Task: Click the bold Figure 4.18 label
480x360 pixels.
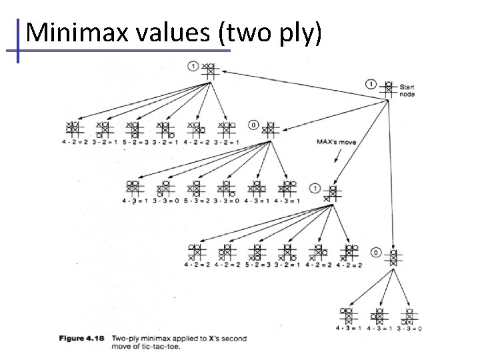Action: coord(81,339)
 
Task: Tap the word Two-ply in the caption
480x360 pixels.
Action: coord(126,339)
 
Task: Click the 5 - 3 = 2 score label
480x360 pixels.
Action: coord(197,201)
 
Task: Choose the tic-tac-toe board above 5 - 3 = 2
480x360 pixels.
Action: coord(196,189)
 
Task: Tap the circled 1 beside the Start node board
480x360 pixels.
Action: coord(371,83)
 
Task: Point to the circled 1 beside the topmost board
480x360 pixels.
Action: coord(193,65)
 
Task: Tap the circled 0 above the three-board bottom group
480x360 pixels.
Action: coord(376,253)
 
